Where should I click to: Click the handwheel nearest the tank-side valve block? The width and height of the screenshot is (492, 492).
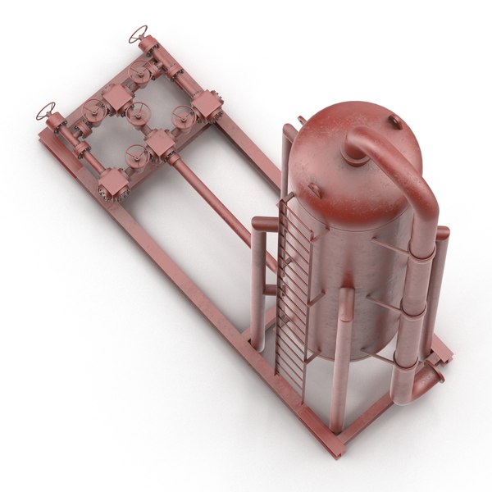(183, 114)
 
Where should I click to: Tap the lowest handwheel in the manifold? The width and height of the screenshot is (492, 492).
(136, 153)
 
